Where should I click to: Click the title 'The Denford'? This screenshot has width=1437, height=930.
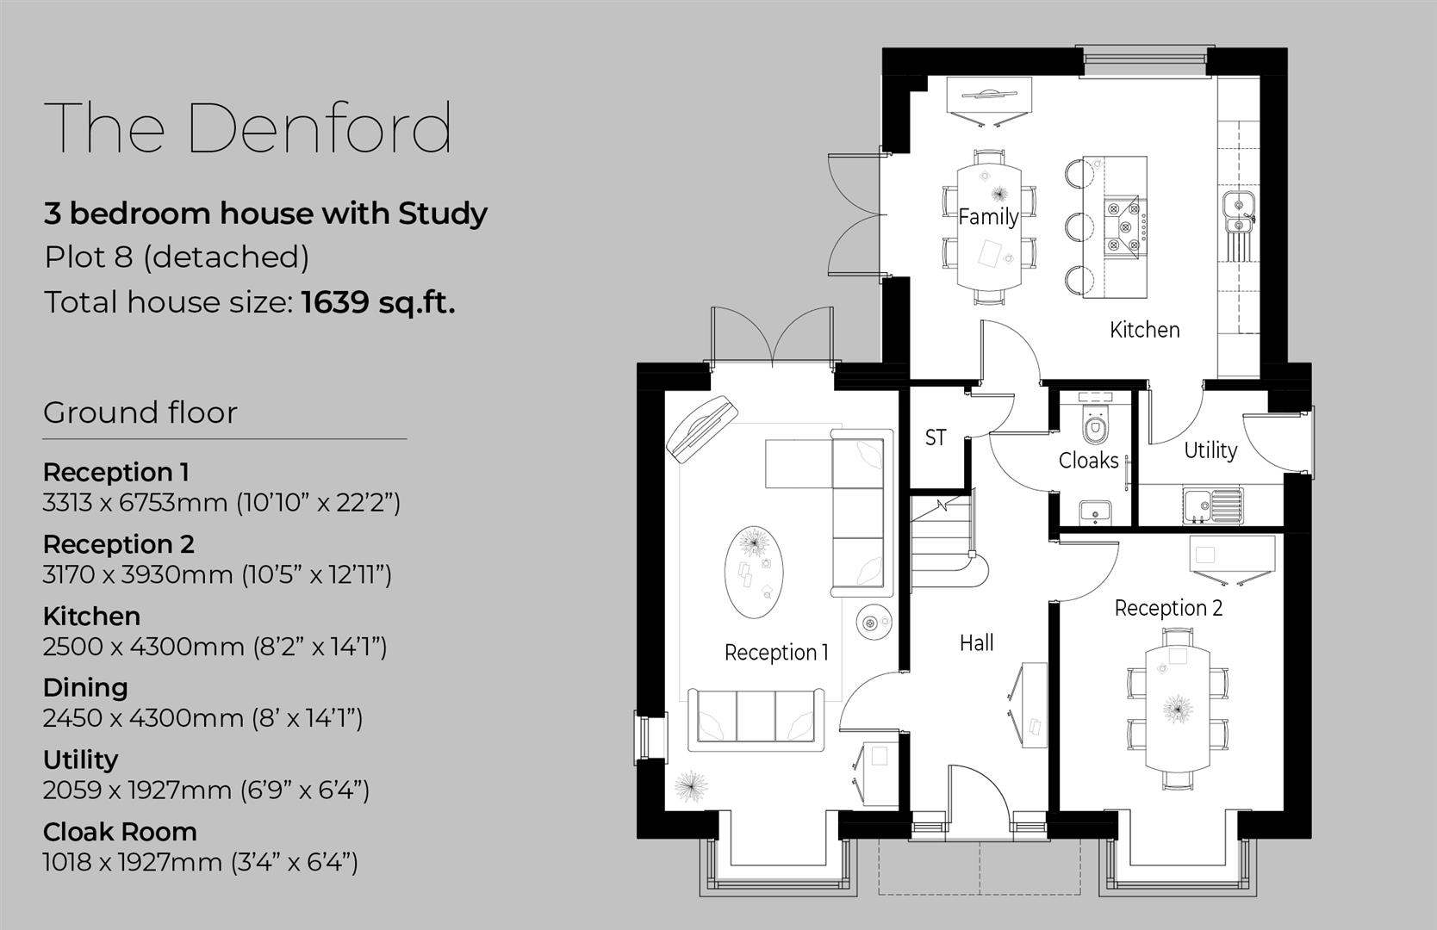pyautogui.click(x=248, y=127)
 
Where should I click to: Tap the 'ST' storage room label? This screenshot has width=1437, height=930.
pyautogui.click(x=936, y=437)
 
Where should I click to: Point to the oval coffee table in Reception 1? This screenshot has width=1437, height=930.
pyautogui.click(x=755, y=571)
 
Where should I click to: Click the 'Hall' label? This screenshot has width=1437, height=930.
pyautogui.click(x=976, y=642)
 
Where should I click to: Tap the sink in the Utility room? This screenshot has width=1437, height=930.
pyautogui.click(x=1211, y=504)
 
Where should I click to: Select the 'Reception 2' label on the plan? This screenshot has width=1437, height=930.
pyautogui.click(x=1168, y=608)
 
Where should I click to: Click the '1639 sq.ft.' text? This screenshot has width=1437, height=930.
pyautogui.click(x=377, y=302)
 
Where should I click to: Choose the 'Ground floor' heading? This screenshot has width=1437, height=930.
pyautogui.click(x=140, y=412)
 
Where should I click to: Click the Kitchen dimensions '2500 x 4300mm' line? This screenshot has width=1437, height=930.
pyautogui.click(x=215, y=646)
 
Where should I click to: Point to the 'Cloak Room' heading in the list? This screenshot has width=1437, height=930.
pyautogui.click(x=120, y=832)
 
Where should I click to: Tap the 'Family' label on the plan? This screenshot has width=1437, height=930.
pyautogui.click(x=988, y=216)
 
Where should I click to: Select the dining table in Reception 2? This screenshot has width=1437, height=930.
pyautogui.click(x=1177, y=708)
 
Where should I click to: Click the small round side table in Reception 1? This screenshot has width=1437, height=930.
pyautogui.click(x=873, y=620)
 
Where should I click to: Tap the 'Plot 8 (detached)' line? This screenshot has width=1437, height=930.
pyautogui.click(x=177, y=257)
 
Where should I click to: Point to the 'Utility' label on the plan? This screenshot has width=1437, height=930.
pyautogui.click(x=1210, y=449)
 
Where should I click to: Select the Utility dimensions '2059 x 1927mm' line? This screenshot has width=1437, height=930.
pyautogui.click(x=206, y=790)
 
